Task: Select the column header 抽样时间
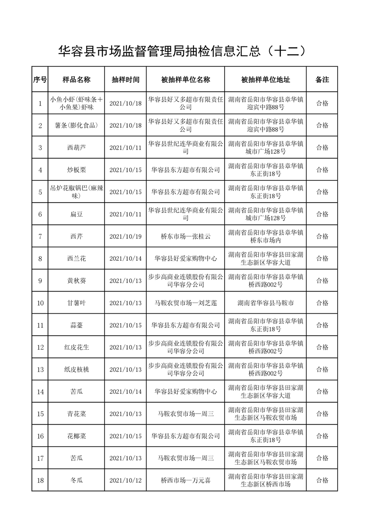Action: (x=125, y=80)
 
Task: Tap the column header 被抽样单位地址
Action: (x=265, y=80)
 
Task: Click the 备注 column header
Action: (x=322, y=80)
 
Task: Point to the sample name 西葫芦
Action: (x=76, y=148)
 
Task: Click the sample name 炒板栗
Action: (x=76, y=170)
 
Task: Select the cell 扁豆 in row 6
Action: (x=76, y=214)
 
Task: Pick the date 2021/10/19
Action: (x=125, y=237)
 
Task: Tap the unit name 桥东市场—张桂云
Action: (x=185, y=237)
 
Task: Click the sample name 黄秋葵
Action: (x=76, y=281)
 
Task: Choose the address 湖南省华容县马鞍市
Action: (x=265, y=303)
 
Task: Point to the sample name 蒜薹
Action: (x=76, y=325)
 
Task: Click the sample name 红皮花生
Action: (x=76, y=347)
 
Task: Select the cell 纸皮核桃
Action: (x=76, y=370)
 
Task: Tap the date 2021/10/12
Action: (x=125, y=480)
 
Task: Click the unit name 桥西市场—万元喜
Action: (x=185, y=480)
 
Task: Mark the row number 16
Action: (x=40, y=436)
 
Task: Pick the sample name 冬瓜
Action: (x=76, y=480)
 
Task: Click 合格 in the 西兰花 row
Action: (x=322, y=259)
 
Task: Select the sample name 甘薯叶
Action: (x=76, y=303)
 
